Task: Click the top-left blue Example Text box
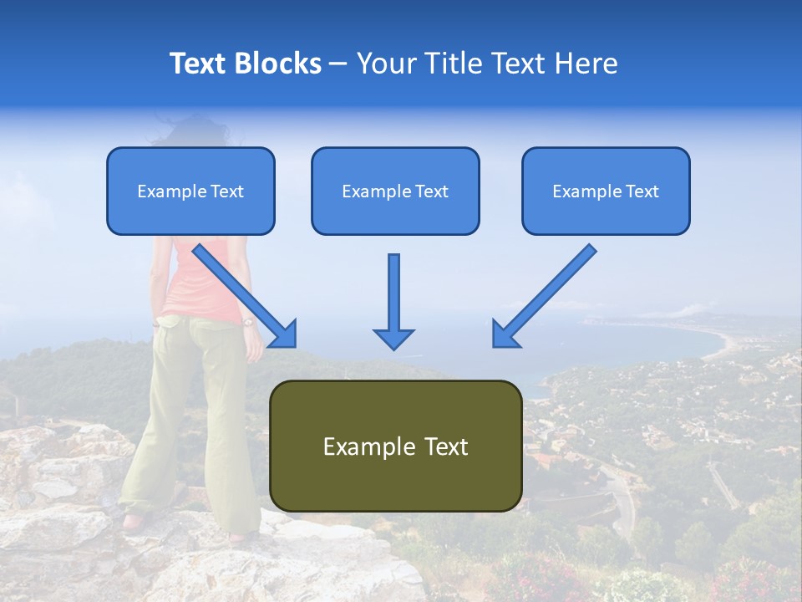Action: pos(190,191)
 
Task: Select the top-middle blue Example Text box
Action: pos(395,191)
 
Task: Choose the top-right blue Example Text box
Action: pos(606,191)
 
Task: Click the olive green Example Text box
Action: pos(395,446)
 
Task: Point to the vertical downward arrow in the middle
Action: pos(393,301)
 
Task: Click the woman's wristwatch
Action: pos(247,321)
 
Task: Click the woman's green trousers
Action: pos(192,418)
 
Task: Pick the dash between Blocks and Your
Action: pos(338,64)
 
